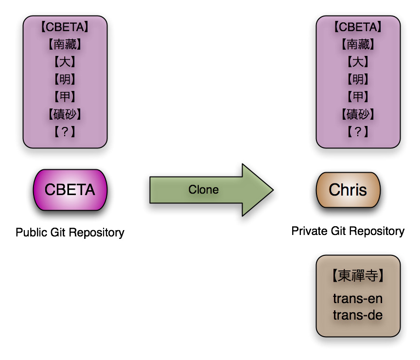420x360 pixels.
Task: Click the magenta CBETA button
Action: coord(70,190)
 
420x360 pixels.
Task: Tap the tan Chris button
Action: coord(348,190)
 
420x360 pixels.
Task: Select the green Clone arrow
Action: coord(211,190)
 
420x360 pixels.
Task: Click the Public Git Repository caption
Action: coord(70,233)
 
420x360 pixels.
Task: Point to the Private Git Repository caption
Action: coord(348,231)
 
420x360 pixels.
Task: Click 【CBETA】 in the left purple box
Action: coord(65,27)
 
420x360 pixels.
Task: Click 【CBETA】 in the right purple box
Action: coord(358,27)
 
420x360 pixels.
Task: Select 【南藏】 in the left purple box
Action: coord(65,44)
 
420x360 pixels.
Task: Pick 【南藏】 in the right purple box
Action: coord(358,44)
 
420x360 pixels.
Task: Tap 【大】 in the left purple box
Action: coord(65,62)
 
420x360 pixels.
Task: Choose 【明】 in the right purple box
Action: coord(358,79)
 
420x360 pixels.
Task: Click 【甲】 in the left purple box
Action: coord(65,96)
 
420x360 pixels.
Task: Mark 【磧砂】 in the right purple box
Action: coord(358,114)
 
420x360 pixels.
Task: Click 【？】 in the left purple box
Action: coord(65,131)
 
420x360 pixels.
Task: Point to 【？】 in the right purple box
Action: coord(358,131)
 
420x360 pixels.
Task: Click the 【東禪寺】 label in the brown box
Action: coord(358,275)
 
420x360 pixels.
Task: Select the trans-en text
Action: coord(358,299)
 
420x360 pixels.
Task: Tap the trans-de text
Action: coord(358,315)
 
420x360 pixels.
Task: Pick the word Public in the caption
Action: coord(31,232)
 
